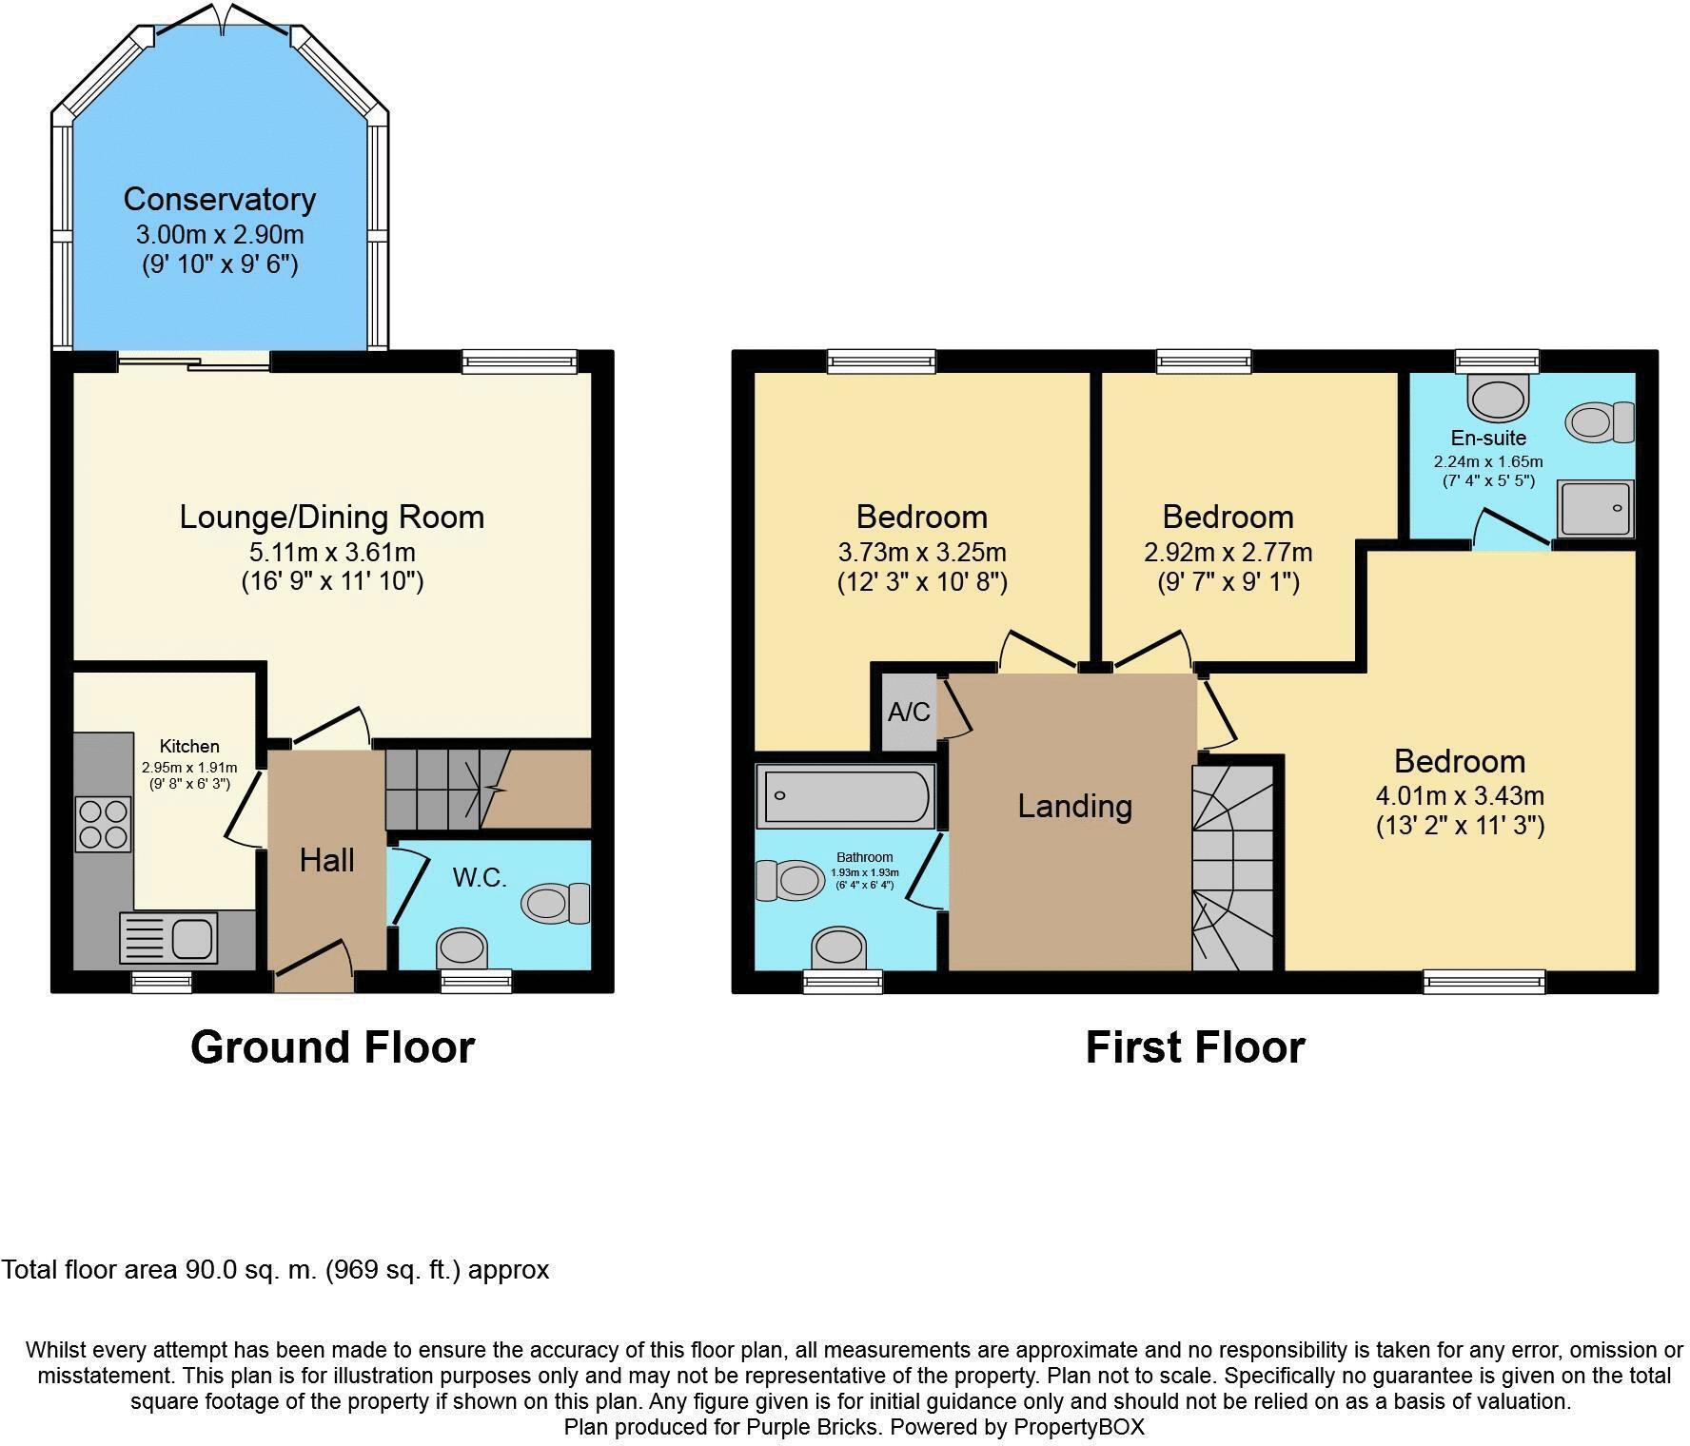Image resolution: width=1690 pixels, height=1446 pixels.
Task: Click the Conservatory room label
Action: tap(219, 199)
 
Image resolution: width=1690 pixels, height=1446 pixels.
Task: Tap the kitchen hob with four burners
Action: tap(104, 823)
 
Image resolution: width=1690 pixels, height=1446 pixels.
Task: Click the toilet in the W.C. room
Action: tap(556, 902)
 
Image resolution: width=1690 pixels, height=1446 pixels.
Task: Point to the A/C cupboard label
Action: tap(908, 712)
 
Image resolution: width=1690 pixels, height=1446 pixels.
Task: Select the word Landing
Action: tap(1074, 806)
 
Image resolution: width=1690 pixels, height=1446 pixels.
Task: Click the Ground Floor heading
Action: tap(332, 1047)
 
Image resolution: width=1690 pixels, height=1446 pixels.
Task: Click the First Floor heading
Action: tap(1194, 1047)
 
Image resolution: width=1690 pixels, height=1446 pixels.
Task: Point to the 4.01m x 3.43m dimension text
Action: tap(1459, 795)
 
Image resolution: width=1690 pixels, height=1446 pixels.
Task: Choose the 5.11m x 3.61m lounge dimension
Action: tap(332, 552)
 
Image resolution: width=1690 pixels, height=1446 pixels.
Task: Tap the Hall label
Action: tap(326, 860)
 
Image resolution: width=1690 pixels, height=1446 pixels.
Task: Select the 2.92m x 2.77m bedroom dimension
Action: tap(1228, 552)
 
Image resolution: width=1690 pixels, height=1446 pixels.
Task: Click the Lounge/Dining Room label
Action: tap(332, 517)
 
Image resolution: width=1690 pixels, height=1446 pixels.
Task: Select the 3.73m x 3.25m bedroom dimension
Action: tap(921, 552)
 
